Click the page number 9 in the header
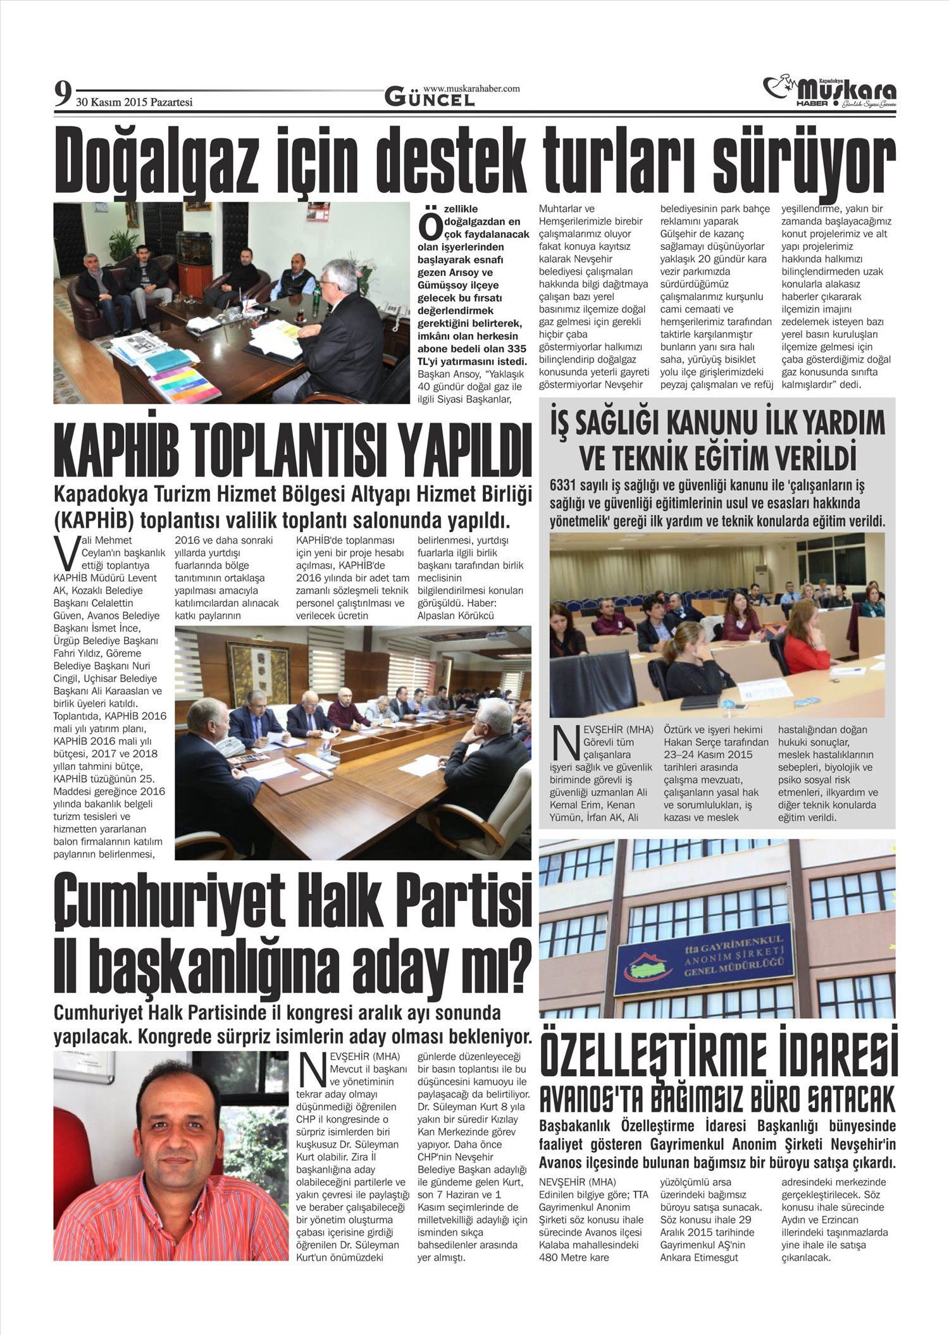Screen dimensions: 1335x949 (x=62, y=95)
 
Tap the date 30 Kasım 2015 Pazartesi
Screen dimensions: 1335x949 (x=134, y=102)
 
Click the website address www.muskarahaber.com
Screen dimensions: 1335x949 (x=471, y=89)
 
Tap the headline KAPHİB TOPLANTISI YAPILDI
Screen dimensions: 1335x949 (x=292, y=452)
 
